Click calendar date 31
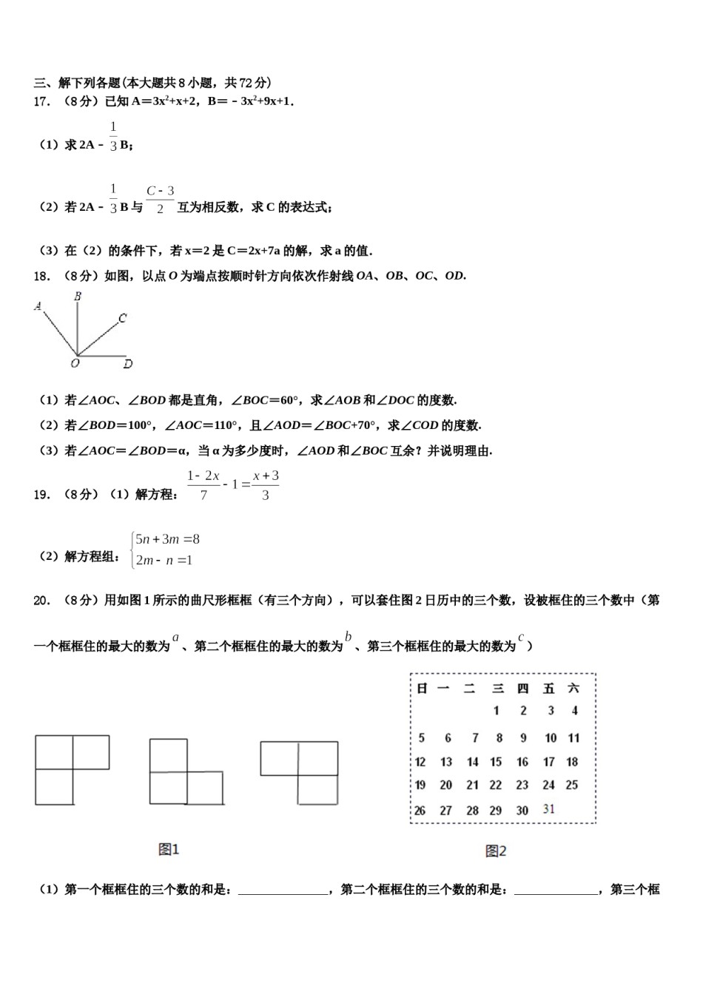pyautogui.click(x=548, y=808)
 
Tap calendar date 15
pyautogui.click(x=496, y=762)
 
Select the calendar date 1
pyautogui.click(x=496, y=711)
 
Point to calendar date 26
pyautogui.click(x=420, y=810)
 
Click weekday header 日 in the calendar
pyautogui.click(x=422, y=689)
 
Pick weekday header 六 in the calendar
pyautogui.click(x=573, y=689)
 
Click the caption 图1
pyautogui.click(x=169, y=849)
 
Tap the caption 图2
pyautogui.click(x=496, y=851)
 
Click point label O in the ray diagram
pyautogui.click(x=75, y=364)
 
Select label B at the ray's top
pyautogui.click(x=77, y=297)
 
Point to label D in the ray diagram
pyautogui.click(x=128, y=364)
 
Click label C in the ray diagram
pyautogui.click(x=122, y=318)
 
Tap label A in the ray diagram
pyautogui.click(x=38, y=305)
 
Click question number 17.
pyautogui.click(x=41, y=102)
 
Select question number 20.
pyautogui.click(x=41, y=601)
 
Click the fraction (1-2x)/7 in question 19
pyautogui.click(x=203, y=485)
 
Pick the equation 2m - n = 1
pyautogui.click(x=164, y=561)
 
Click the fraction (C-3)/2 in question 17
pyautogui.click(x=160, y=200)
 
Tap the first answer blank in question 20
pyautogui.click(x=283, y=890)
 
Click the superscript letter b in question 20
pyautogui.click(x=348, y=637)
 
